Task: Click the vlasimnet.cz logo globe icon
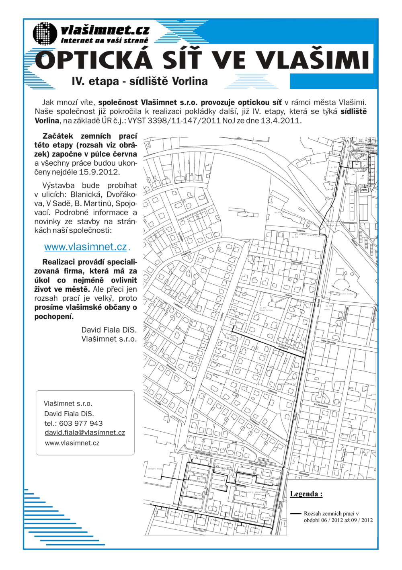pos(45,34)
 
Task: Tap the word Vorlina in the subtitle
pos(188,81)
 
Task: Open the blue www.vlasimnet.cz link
pos(86,246)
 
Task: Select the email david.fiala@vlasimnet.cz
pos(85,433)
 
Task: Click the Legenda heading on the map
pos(306,494)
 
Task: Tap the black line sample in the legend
pos(296,514)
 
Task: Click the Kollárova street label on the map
pos(301,231)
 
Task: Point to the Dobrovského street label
pos(297,262)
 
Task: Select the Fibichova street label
pos(273,390)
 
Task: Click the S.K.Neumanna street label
pos(321,405)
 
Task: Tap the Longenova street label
pos(186,254)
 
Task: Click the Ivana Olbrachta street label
pos(328,342)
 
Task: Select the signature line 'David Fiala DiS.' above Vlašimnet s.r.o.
pos(109,330)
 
